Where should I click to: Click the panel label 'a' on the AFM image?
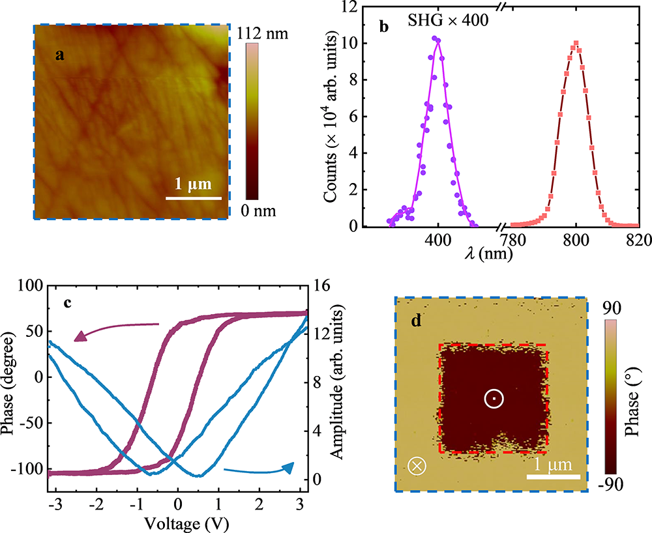tap(59, 55)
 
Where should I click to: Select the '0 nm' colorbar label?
tap(259, 210)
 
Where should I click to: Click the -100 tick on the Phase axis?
tap(30, 470)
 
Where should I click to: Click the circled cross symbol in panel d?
tap(416, 466)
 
